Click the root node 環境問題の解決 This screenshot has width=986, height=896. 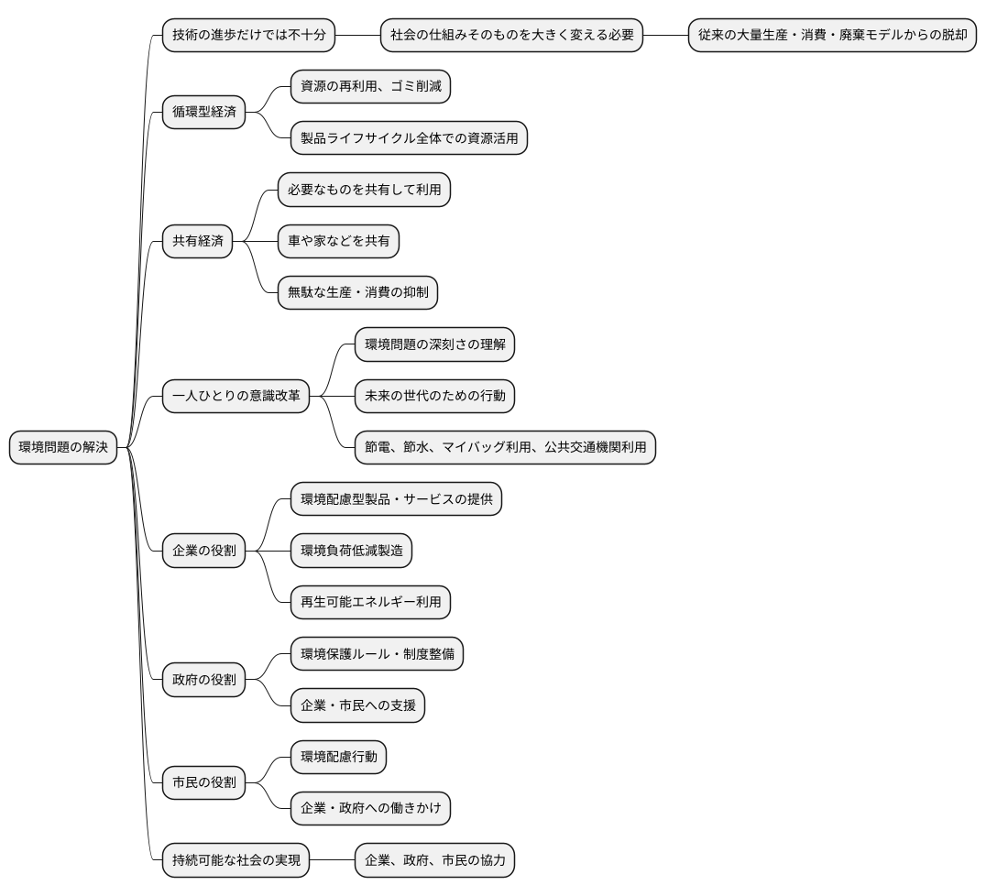click(x=63, y=447)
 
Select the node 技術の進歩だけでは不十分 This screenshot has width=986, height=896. click(x=248, y=35)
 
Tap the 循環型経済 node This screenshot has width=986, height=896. click(x=203, y=112)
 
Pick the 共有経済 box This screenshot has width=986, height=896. click(x=197, y=241)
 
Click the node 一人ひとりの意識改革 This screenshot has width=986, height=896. click(x=236, y=396)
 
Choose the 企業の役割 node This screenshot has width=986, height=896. click(x=203, y=551)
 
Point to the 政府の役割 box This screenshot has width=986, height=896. click(x=203, y=680)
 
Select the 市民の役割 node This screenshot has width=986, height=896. click(x=203, y=782)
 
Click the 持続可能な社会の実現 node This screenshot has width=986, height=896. click(x=236, y=860)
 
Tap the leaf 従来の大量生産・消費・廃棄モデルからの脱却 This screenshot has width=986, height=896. click(x=833, y=35)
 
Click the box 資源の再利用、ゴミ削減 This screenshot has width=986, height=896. click(x=370, y=87)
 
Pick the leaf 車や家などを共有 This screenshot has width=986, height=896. click(x=338, y=241)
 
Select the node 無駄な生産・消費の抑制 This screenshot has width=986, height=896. click(x=357, y=292)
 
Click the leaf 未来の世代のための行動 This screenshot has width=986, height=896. click(x=434, y=396)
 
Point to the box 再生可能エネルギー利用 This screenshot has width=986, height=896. click(x=370, y=602)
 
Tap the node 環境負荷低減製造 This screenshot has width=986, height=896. click(x=351, y=551)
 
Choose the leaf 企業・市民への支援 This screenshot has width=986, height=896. click(x=357, y=705)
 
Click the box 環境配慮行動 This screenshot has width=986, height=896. click(x=338, y=757)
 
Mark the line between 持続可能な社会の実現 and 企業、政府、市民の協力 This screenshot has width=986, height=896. click(x=332, y=860)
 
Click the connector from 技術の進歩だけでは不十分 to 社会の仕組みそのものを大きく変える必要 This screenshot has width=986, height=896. click(x=357, y=35)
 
